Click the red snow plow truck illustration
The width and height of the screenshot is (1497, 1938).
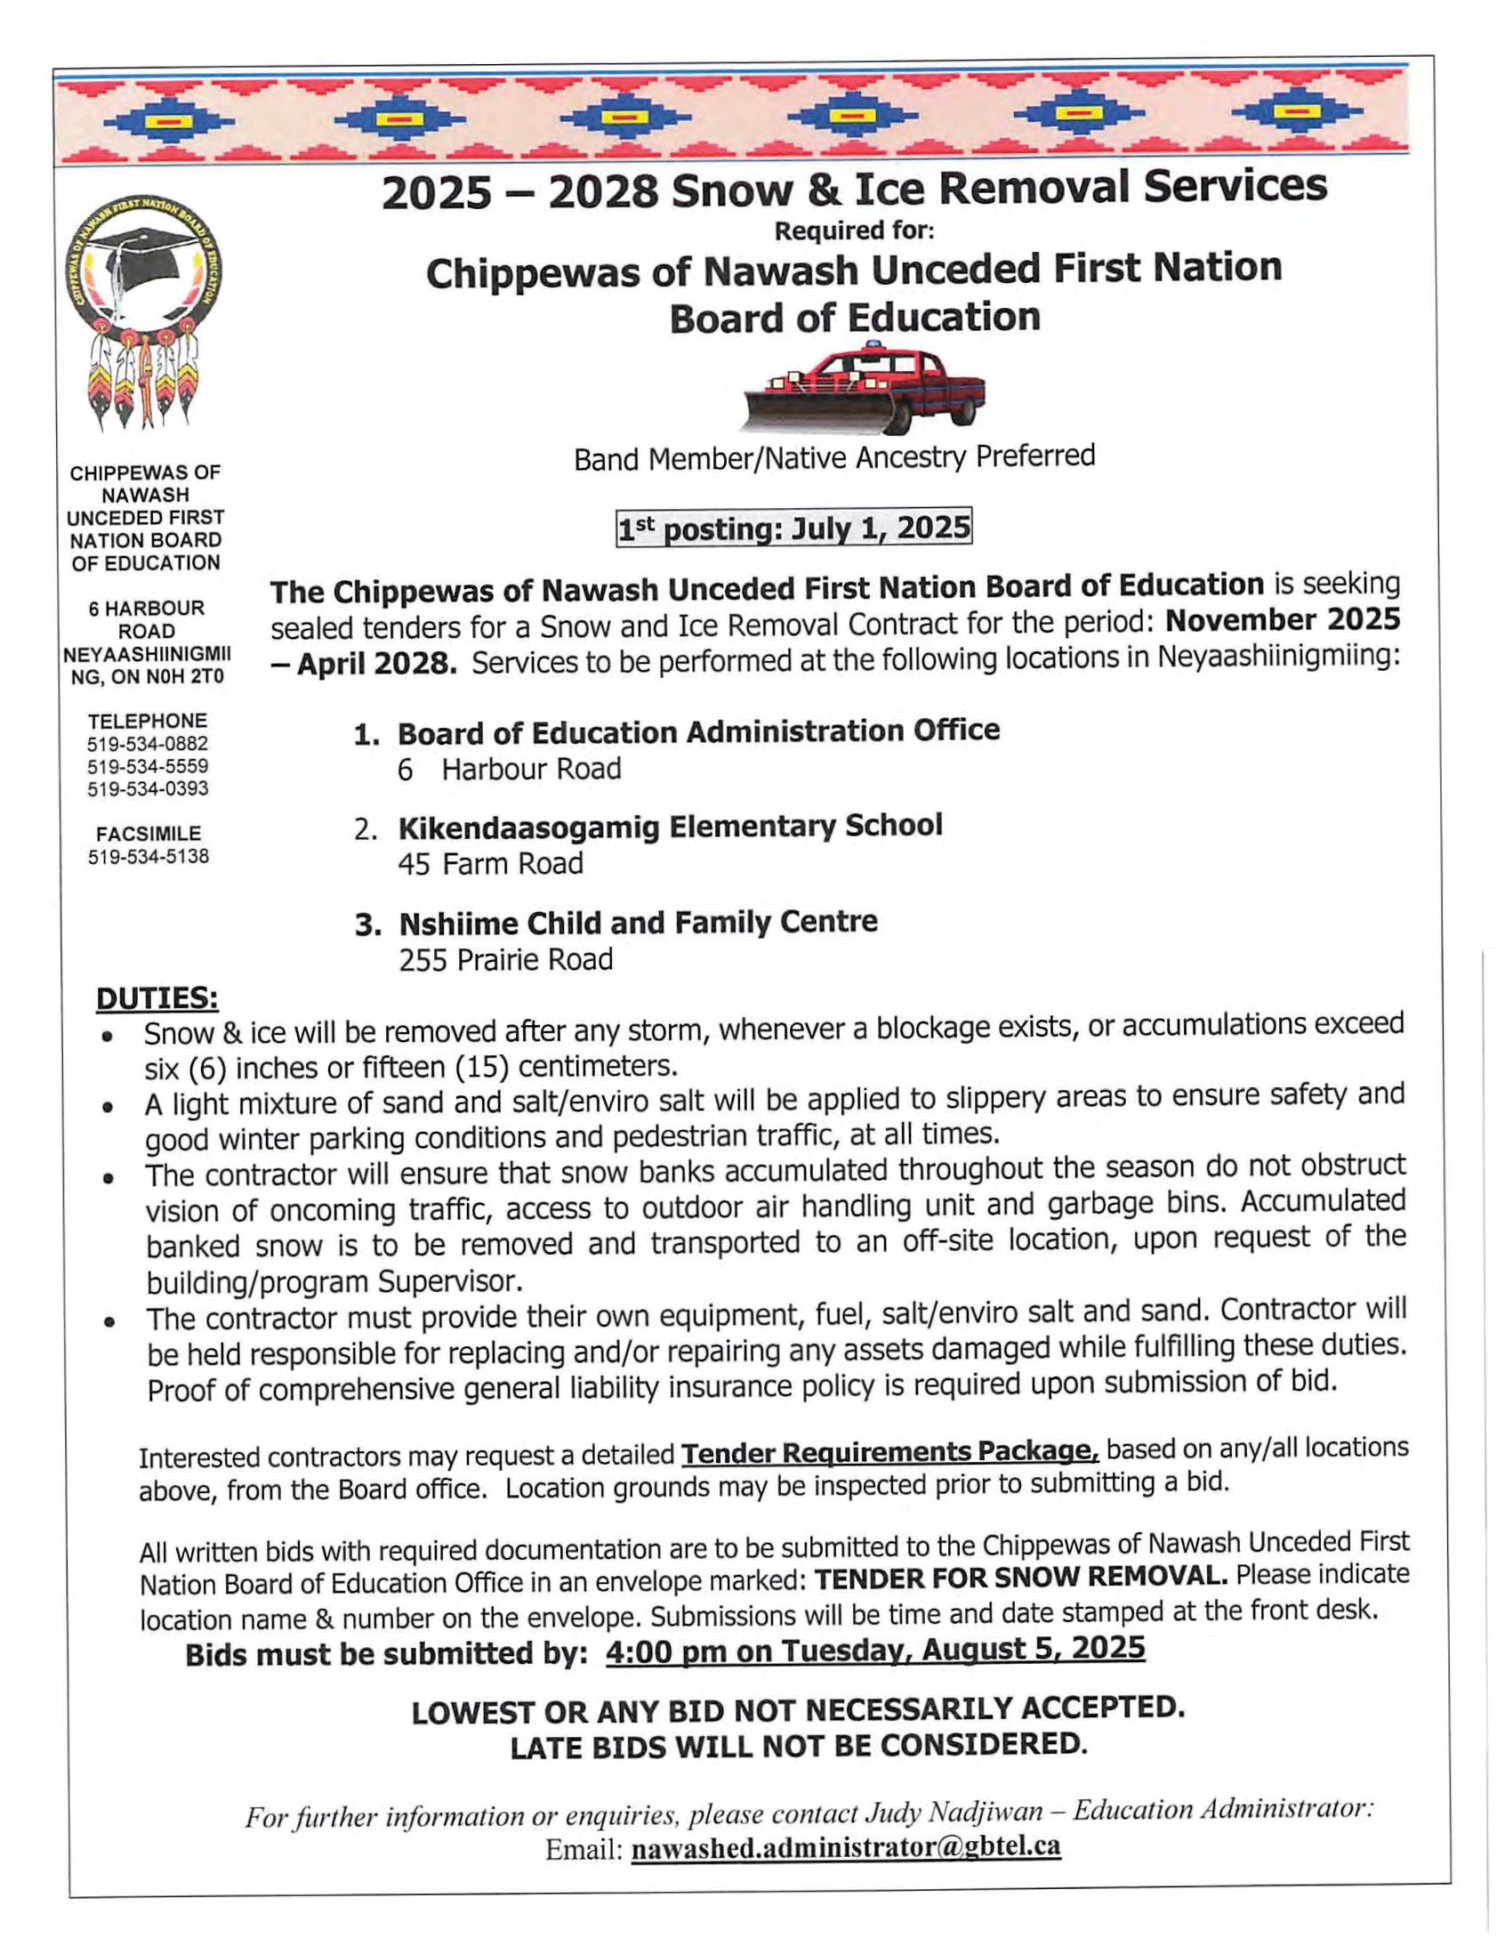tap(865, 389)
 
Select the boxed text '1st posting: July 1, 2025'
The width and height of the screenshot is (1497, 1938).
tap(793, 529)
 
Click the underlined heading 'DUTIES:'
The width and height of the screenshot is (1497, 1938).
tap(157, 999)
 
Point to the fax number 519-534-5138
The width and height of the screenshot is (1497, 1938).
tap(148, 858)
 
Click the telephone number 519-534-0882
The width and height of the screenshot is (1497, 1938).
tap(148, 744)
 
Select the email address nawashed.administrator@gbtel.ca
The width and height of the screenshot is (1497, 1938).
tap(846, 1847)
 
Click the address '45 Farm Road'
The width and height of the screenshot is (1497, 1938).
tap(490, 864)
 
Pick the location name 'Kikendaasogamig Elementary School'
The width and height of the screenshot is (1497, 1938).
tap(670, 827)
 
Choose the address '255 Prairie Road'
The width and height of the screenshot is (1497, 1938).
tap(505, 960)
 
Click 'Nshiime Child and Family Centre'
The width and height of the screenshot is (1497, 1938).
tap(638, 922)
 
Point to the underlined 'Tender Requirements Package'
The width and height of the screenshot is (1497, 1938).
tap(889, 1453)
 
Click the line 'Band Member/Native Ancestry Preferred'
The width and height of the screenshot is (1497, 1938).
tap(833, 457)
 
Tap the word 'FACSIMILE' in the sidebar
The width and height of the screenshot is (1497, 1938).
tap(148, 835)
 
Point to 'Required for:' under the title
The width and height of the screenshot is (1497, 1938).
tap(854, 231)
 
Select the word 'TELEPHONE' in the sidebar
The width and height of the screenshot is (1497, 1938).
tap(148, 721)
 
